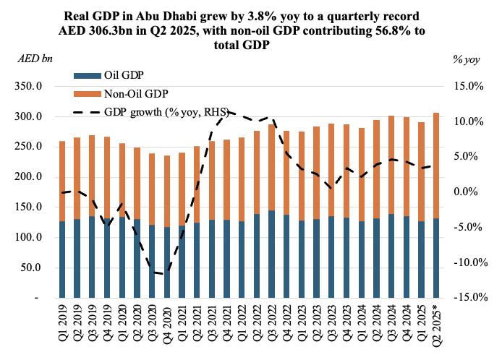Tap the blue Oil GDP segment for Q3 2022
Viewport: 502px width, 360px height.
(x=271, y=254)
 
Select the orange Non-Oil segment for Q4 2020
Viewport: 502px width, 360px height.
(x=168, y=191)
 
